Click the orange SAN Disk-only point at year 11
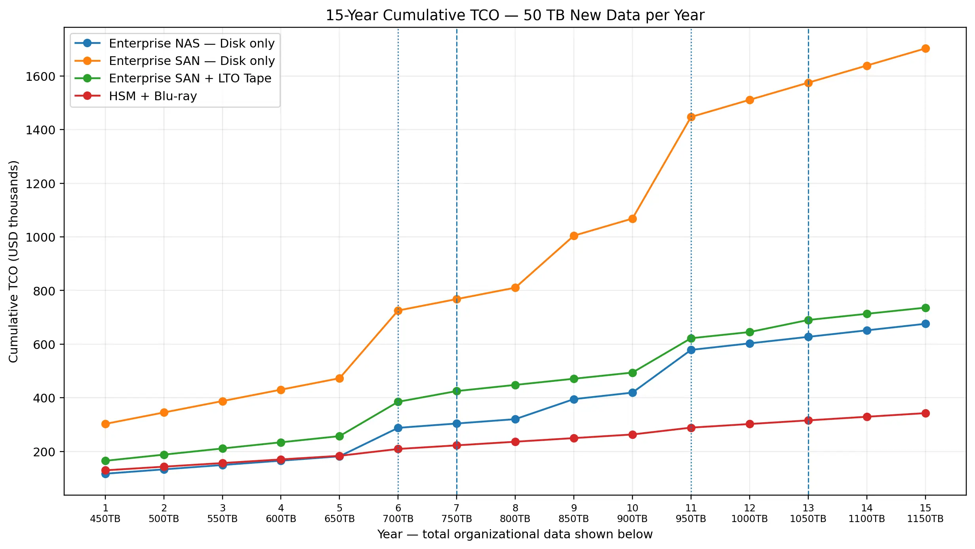[x=691, y=117]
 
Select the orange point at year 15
[x=925, y=48]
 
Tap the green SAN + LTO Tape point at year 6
[x=398, y=402]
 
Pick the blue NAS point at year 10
[x=632, y=393]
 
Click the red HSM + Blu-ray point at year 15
[x=925, y=413]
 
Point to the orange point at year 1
[x=105, y=424]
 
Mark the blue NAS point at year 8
[x=515, y=419]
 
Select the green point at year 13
[x=808, y=320]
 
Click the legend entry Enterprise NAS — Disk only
[x=175, y=43]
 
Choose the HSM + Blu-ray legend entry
[x=135, y=96]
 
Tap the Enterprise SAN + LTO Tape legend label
[x=190, y=78]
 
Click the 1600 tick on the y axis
[x=40, y=76]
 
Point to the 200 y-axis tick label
[x=44, y=452]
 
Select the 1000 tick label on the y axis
[x=40, y=237]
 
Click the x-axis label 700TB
[x=398, y=519]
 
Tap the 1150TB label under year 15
[x=925, y=519]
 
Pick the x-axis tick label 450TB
[x=105, y=519]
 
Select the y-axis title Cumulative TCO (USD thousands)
[x=13, y=261]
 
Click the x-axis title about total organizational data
[x=515, y=534]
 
